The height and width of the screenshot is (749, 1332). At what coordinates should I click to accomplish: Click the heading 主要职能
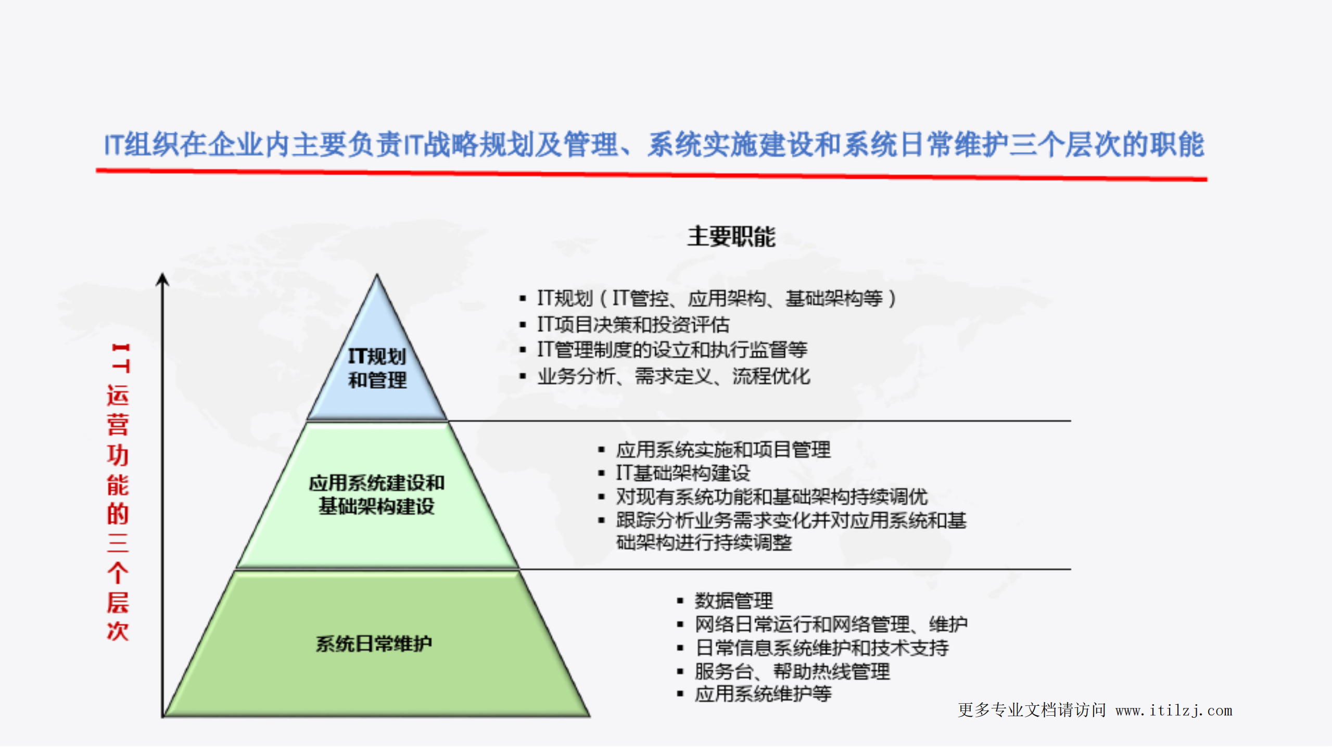coord(731,237)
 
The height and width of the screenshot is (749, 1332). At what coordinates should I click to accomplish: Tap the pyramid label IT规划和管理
coord(377,368)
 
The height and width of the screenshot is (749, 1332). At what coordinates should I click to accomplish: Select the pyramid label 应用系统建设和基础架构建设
coord(376,494)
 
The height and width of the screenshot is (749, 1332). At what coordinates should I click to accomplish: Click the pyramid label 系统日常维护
coord(374,644)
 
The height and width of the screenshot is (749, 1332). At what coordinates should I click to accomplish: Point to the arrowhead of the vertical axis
coord(162,280)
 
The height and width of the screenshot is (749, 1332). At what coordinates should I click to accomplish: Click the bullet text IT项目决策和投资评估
coord(633,325)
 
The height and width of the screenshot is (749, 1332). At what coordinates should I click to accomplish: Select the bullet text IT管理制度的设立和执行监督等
coord(672,350)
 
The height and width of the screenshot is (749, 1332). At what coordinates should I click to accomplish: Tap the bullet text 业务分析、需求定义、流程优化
coord(674,376)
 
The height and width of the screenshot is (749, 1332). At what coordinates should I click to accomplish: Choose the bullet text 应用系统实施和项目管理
coord(723,450)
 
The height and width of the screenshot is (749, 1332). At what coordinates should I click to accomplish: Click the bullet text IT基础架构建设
coord(683,473)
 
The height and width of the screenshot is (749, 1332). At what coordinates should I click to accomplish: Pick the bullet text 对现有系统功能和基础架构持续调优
coord(771,497)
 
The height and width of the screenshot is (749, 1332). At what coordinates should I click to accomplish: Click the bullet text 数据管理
coord(733,601)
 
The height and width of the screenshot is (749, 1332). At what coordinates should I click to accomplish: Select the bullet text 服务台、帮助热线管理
coord(792,671)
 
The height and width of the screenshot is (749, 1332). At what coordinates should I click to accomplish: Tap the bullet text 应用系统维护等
coord(763,694)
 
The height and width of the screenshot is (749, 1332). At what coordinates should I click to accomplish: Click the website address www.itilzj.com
coord(1174,710)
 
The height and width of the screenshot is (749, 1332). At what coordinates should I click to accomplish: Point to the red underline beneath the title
coord(651,175)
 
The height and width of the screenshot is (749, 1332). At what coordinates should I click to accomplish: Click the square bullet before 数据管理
coord(680,601)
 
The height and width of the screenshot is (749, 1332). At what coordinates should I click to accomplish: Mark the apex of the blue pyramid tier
coord(377,276)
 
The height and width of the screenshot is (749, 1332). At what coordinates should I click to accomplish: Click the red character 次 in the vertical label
coord(118,631)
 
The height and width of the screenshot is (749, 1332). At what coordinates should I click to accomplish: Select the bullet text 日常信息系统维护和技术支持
coord(821,648)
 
